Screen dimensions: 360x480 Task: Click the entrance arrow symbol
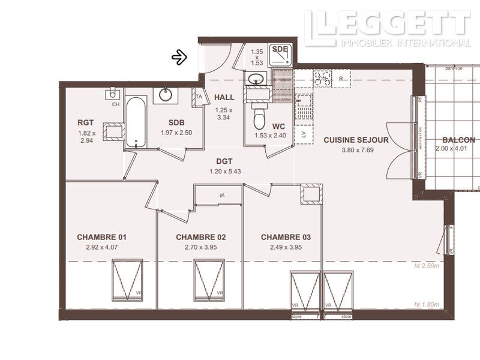pos(179,57)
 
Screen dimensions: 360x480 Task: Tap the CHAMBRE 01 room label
pos(101,237)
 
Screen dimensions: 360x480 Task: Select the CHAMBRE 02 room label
pos(200,237)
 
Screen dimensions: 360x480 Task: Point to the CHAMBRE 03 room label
pos(286,237)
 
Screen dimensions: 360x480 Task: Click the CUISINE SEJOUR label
pos(356,140)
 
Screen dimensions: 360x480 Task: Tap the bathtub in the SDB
pos(136,122)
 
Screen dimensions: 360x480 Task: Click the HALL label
pos(224,97)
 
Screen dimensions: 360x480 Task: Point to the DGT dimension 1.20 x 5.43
pos(224,172)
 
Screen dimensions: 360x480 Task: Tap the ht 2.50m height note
pos(427,266)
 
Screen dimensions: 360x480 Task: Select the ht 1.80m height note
pos(427,305)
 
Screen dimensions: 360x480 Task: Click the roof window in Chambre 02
pos(209,280)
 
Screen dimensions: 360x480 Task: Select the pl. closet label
pos(221,195)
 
